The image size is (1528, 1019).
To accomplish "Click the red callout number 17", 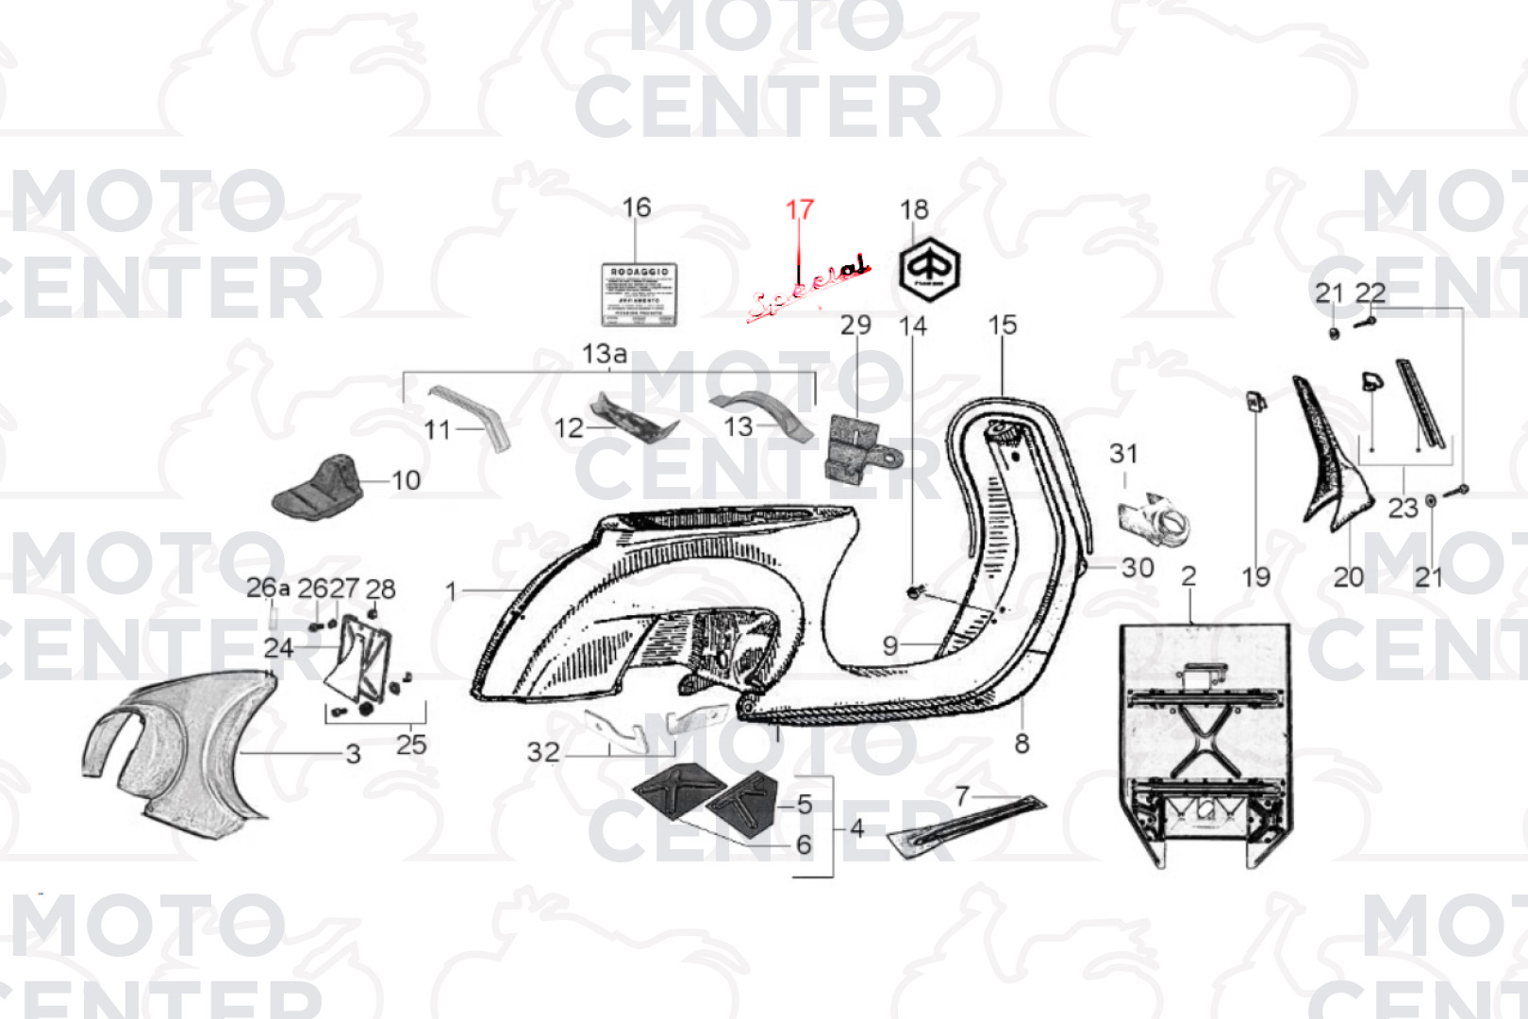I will (799, 209).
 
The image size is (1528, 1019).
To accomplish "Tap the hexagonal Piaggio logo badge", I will (927, 269).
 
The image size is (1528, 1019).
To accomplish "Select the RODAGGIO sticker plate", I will (639, 294).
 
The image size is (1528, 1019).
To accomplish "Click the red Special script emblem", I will (809, 289).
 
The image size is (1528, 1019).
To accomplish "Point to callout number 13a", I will (605, 354).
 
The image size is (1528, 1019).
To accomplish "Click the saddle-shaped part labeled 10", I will (319, 487).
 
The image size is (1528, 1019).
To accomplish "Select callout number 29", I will (855, 325).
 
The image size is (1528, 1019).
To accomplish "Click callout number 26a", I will (268, 588).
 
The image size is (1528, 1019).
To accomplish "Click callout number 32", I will (543, 752).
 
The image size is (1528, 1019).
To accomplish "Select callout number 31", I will (1123, 454).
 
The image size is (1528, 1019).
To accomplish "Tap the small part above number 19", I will (1255, 402).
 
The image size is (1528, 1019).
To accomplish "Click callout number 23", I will (1403, 509).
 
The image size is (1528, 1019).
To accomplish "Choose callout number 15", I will (1003, 326).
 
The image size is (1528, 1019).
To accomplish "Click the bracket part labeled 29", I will (858, 450).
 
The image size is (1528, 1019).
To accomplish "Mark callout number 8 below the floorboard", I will (1021, 743).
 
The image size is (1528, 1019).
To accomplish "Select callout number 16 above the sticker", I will (637, 208).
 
